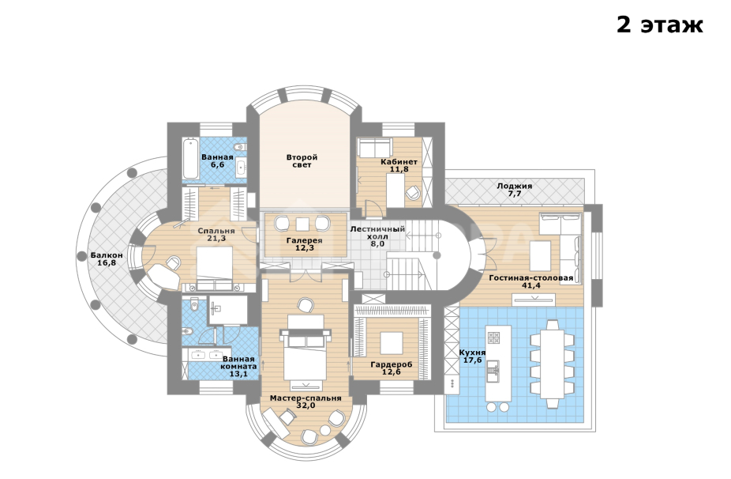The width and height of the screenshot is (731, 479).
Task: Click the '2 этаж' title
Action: [659, 25]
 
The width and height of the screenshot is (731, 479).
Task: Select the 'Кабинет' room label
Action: [399, 161]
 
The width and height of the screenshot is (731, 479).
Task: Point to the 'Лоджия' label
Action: [515, 187]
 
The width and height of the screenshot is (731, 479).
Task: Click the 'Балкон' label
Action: [107, 255]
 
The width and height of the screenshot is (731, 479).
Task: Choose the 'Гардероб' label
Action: [392, 364]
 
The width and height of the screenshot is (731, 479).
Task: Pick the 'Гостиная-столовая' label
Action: [530, 277]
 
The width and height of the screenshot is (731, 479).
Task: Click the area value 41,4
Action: [530, 285]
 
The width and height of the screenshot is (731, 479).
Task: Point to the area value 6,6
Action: [217, 165]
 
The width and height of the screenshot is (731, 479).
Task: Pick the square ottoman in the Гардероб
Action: [392, 342]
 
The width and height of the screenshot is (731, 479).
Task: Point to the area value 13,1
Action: [238, 374]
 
